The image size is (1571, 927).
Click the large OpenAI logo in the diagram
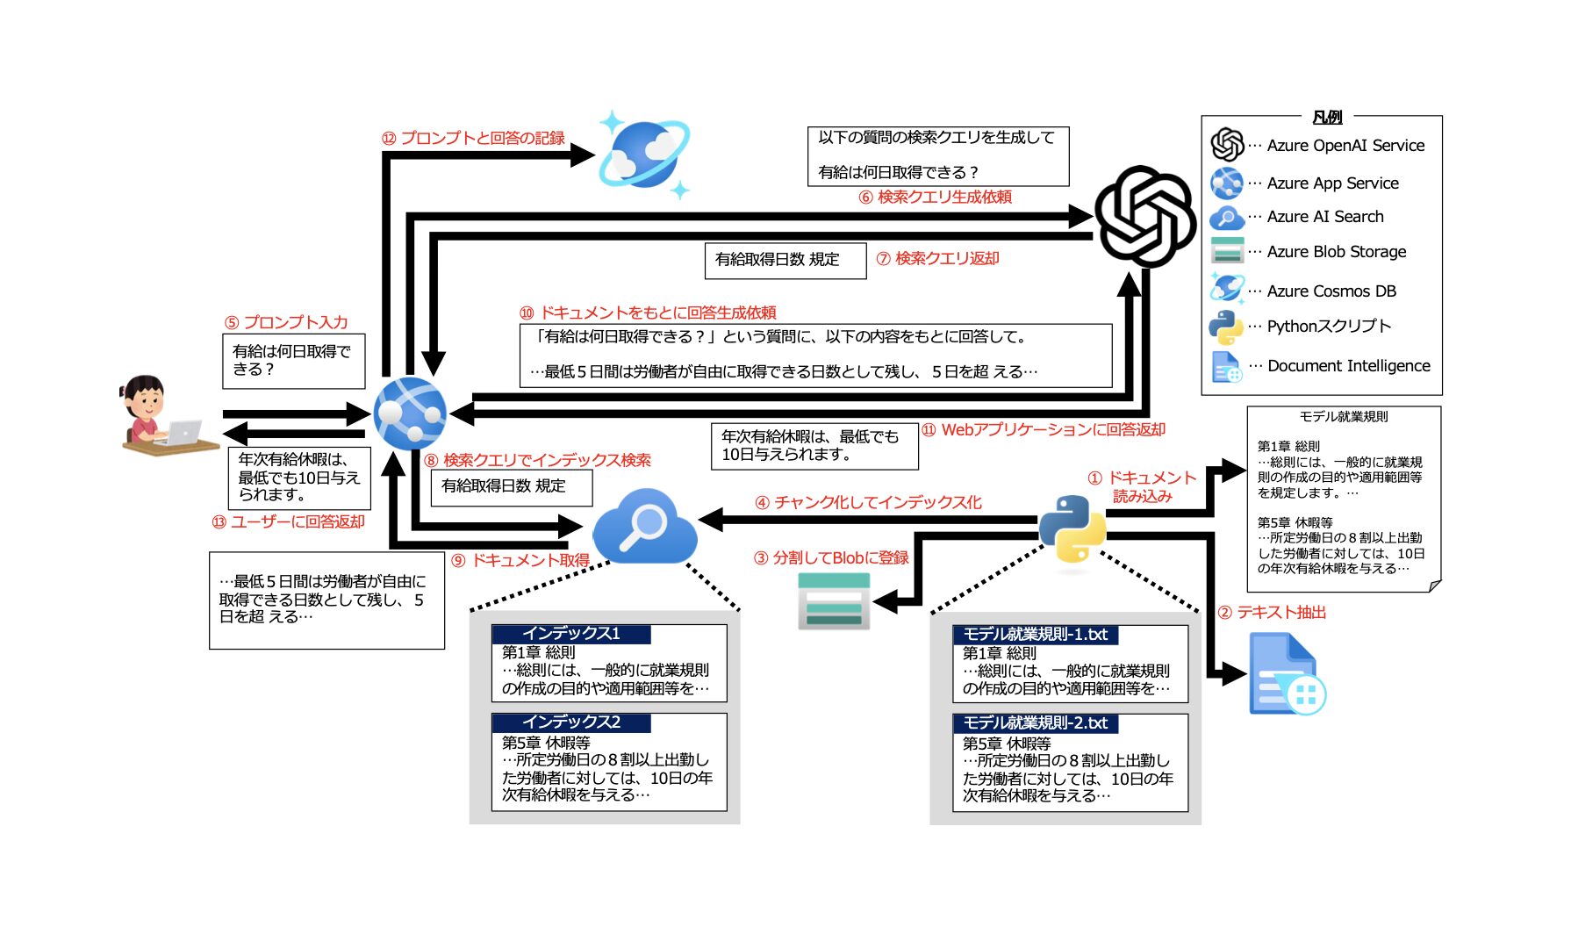tap(1144, 216)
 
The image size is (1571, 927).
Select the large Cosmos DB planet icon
tap(643, 154)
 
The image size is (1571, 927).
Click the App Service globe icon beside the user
tap(409, 413)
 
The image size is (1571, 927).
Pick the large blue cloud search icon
tap(645, 527)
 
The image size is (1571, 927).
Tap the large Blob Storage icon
tap(833, 600)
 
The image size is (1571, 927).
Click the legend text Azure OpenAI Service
tap(1345, 146)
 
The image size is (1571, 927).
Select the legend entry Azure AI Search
tap(1325, 217)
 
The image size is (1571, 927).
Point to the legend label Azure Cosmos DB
tap(1331, 291)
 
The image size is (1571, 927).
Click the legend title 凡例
tap(1327, 117)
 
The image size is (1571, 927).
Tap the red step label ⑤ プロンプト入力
tap(286, 322)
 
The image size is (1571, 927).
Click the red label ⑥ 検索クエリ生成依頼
tap(935, 198)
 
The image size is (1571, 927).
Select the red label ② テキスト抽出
tap(1272, 613)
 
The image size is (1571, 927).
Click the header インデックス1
tap(570, 634)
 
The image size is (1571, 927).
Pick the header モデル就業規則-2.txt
tap(1035, 723)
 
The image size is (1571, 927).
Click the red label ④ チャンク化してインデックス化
tap(868, 503)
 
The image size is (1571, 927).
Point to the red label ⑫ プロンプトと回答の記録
tap(473, 139)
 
